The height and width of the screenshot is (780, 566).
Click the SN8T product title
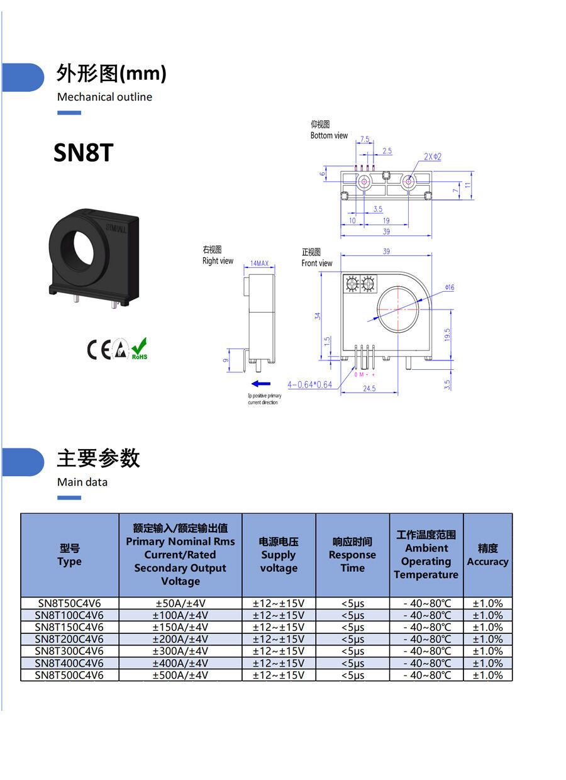pyautogui.click(x=83, y=152)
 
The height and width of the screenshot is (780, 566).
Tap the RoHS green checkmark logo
pyautogui.click(x=139, y=348)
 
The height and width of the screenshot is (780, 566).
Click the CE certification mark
pyautogui.click(x=98, y=349)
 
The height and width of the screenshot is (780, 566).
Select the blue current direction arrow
pyautogui.click(x=260, y=383)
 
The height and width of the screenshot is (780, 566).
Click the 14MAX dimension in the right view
pyautogui.click(x=259, y=264)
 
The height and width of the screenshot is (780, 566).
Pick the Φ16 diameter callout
pyautogui.click(x=449, y=287)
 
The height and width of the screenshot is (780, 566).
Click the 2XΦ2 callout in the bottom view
pyautogui.click(x=432, y=157)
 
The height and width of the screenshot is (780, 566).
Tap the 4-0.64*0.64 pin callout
pyautogui.click(x=309, y=384)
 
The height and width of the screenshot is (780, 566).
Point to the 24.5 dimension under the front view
pyautogui.click(x=369, y=389)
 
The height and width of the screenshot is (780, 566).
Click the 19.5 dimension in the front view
pyautogui.click(x=447, y=334)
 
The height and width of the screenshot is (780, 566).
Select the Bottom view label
pyautogui.click(x=328, y=135)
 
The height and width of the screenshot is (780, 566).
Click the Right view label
pyautogui.click(x=218, y=260)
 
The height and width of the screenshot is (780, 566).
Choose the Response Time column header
pyautogui.click(x=352, y=555)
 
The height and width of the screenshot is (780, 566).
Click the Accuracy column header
pyautogui.click(x=487, y=555)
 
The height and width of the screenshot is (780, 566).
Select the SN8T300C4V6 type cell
pyautogui.click(x=69, y=651)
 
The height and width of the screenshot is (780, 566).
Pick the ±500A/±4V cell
pyautogui.click(x=180, y=675)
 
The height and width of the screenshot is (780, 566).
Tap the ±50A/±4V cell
pyautogui.click(x=180, y=603)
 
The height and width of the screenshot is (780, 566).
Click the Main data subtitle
pyautogui.click(x=82, y=482)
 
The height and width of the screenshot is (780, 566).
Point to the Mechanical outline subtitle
pyautogui.click(x=104, y=97)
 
